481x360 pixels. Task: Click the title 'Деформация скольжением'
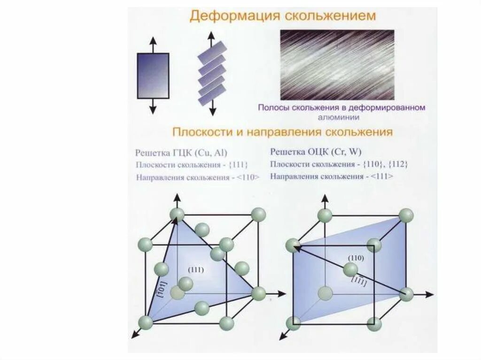(282, 15)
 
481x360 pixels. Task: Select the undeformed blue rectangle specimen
(153, 76)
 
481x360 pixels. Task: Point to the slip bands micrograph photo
(337, 65)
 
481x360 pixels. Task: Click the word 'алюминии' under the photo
(341, 117)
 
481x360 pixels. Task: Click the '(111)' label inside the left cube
(195, 269)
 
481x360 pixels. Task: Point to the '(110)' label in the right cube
(356, 258)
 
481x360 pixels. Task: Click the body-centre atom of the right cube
(350, 270)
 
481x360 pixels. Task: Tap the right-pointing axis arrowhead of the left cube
(283, 294)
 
